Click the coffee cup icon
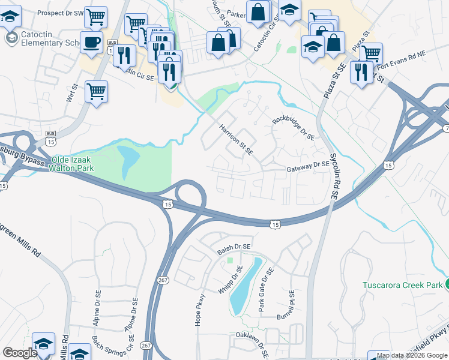coord(91,43)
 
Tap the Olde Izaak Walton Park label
coord(77,165)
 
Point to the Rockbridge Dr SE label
coord(294,128)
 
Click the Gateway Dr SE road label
coord(308,166)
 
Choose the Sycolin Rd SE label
coord(333,177)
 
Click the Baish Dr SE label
coord(234,247)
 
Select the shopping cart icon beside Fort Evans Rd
coord(372,53)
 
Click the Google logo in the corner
coord(20,353)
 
